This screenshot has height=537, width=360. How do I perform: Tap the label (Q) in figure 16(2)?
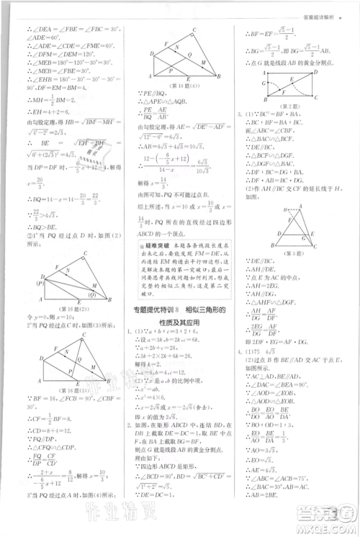(x=92, y=294)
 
